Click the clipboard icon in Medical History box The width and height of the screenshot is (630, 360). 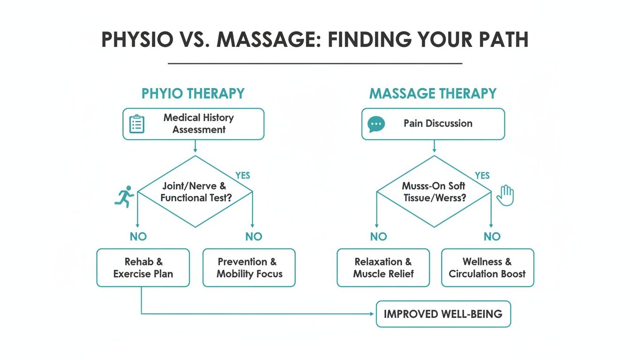click(136, 124)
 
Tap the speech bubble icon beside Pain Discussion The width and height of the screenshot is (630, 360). click(376, 124)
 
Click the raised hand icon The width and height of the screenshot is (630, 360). click(505, 195)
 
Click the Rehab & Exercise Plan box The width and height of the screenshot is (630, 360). click(143, 268)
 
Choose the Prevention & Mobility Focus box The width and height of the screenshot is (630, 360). click(249, 268)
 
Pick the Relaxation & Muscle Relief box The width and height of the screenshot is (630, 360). click(383, 268)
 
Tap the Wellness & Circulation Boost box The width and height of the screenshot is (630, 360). click(487, 268)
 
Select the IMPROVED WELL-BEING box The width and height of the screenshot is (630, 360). click(443, 314)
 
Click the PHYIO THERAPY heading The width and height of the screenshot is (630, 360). click(193, 93)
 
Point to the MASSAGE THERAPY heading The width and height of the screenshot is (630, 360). click(433, 93)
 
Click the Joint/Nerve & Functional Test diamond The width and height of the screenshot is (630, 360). click(195, 192)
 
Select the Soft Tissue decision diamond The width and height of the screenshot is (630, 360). click(434, 192)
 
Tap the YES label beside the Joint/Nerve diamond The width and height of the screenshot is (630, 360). click(243, 176)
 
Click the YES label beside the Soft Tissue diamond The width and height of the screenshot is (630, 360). click(482, 176)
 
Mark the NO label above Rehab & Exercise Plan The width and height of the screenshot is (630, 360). click(138, 237)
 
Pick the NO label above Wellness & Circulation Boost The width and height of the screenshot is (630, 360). click(492, 237)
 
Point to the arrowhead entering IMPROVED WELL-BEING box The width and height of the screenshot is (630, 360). click(374, 314)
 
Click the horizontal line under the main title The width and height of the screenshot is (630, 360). click(315, 63)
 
